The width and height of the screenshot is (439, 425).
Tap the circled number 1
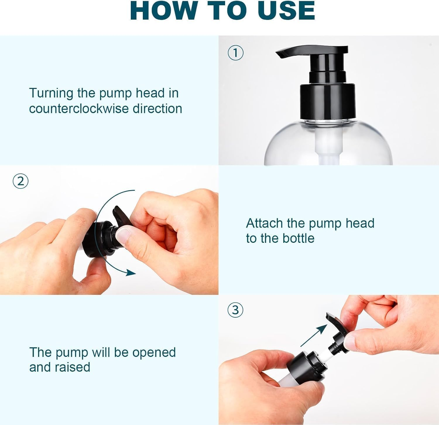236,53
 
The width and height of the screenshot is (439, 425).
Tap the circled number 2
21,181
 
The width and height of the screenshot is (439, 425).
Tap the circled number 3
236,310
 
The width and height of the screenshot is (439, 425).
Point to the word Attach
264,223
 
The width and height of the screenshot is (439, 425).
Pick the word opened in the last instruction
154,352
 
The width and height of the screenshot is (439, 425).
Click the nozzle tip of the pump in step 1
279,54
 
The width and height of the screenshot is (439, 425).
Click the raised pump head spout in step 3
335,322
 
